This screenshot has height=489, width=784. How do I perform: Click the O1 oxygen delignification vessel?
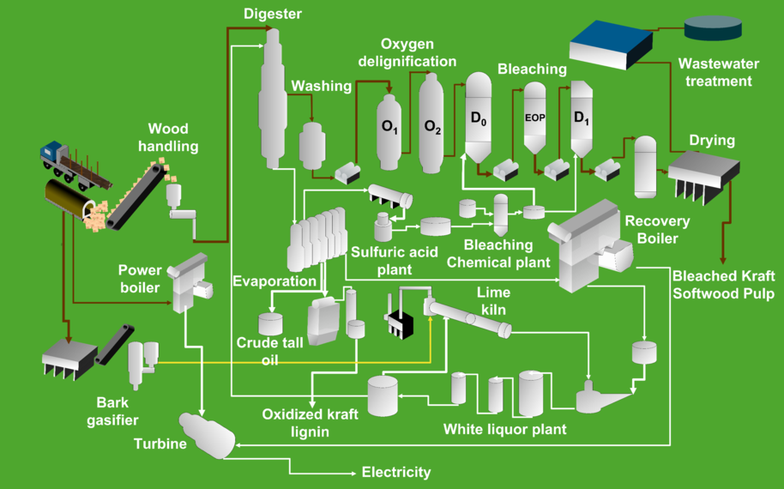click(389, 132)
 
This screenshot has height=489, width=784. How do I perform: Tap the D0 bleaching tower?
click(479, 118)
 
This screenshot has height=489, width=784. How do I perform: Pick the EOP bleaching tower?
click(534, 118)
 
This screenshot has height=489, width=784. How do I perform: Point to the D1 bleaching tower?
click(582, 119)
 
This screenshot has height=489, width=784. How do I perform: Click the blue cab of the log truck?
click(51, 152)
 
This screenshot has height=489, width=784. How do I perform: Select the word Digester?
click(273, 14)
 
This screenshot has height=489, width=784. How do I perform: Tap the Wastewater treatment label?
click(719, 72)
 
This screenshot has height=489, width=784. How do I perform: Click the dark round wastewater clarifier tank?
click(713, 27)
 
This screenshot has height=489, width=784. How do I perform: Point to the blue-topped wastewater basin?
click(611, 44)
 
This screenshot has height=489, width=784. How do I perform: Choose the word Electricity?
click(396, 472)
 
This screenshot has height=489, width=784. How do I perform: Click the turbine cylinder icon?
click(207, 435)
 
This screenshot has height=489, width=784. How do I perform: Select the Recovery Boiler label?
click(657, 230)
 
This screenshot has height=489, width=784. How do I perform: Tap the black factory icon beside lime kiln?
click(400, 316)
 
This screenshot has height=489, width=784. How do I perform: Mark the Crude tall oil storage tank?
click(270, 324)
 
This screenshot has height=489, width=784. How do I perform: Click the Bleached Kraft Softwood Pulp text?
click(723, 285)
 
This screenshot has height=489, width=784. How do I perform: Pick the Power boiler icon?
click(190, 282)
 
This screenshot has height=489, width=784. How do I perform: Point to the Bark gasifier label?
click(112, 411)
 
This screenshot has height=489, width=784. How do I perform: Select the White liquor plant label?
click(504, 429)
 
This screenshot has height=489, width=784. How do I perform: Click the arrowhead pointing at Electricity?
click(352, 473)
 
